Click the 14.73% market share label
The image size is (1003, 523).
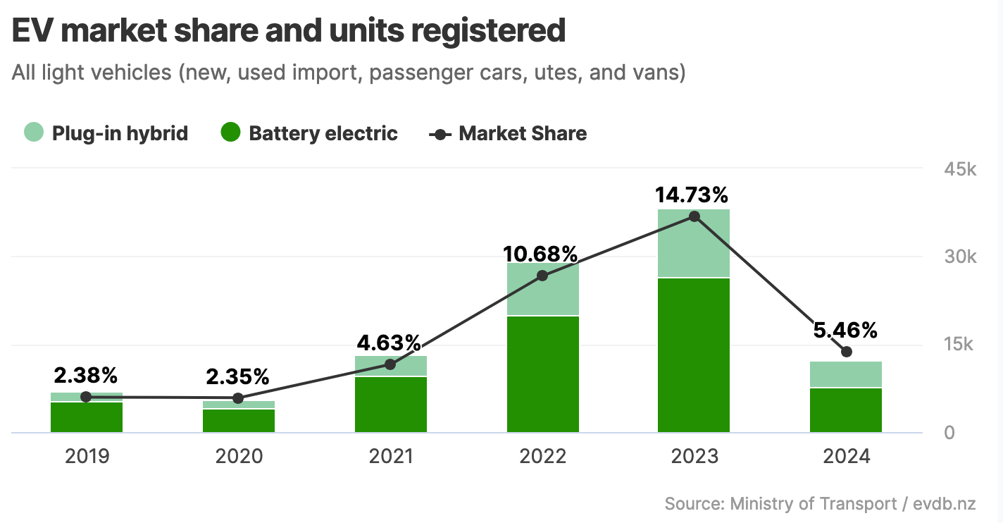pyautogui.click(x=692, y=195)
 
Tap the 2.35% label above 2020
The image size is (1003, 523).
pyautogui.click(x=237, y=376)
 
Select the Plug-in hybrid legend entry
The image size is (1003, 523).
pyautogui.click(x=106, y=133)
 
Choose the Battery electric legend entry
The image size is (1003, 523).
pyautogui.click(x=309, y=133)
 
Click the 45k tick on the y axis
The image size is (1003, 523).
pyautogui.click(x=959, y=170)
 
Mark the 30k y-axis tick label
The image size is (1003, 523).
pyautogui.click(x=959, y=257)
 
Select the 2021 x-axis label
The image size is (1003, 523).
pyautogui.click(x=391, y=456)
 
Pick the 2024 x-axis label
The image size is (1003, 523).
pyautogui.click(x=847, y=456)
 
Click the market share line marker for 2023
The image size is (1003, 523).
pyautogui.click(x=694, y=216)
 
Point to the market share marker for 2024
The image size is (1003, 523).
pyautogui.click(x=847, y=352)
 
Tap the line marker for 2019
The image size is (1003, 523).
pyautogui.click(x=86, y=397)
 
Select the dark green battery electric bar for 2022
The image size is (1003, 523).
pyautogui.click(x=542, y=374)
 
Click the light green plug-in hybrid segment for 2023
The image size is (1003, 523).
pyautogui.click(x=694, y=243)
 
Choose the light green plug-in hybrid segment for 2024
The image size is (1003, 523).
pyautogui.click(x=846, y=374)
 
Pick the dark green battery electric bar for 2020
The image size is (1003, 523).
pyautogui.click(x=239, y=421)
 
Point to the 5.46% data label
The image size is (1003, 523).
pyautogui.click(x=846, y=330)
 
